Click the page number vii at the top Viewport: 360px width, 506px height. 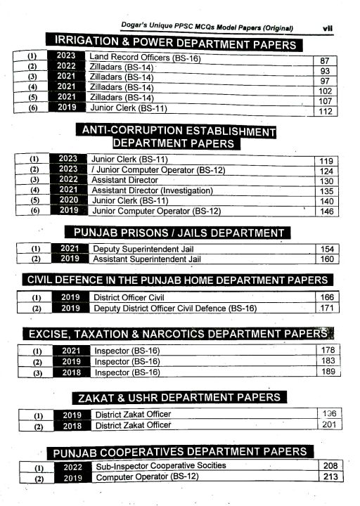(x=327, y=29)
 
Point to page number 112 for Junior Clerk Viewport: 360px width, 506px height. (x=325, y=112)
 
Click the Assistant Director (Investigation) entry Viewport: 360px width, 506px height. (x=152, y=190)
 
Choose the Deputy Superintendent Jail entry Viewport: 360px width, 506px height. (x=143, y=249)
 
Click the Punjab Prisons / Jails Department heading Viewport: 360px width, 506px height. (x=179, y=233)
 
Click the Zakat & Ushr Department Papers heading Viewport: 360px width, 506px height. (x=179, y=398)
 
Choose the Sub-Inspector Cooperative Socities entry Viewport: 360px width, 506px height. (x=161, y=465)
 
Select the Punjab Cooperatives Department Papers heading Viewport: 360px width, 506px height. (x=179, y=451)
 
